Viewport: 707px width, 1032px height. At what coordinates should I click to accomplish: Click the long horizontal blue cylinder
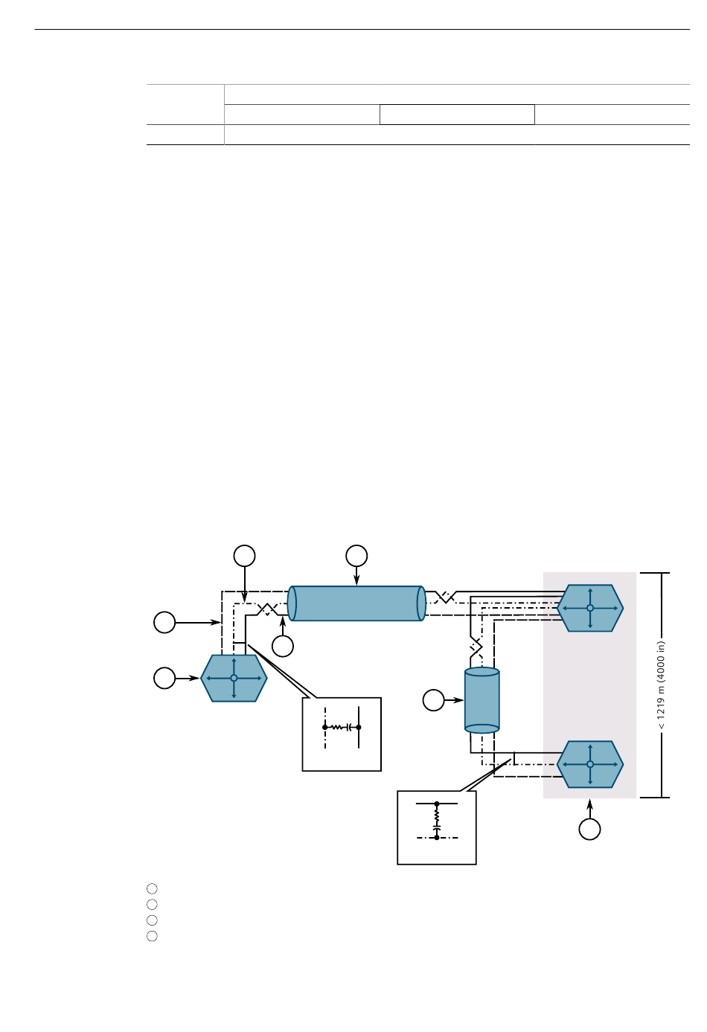356,603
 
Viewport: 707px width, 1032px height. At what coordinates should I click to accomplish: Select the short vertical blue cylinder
482,700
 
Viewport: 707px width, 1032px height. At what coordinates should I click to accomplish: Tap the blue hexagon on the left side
234,678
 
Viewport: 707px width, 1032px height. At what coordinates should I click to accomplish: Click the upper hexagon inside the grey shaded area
590,608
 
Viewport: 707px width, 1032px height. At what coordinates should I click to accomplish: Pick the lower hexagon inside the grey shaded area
590,764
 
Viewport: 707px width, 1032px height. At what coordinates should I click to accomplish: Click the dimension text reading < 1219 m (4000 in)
662,685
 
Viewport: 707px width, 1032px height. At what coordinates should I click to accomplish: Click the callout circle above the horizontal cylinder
356,556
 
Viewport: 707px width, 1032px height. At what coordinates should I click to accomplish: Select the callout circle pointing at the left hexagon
164,678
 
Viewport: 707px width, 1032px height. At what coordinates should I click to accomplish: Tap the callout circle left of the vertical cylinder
433,700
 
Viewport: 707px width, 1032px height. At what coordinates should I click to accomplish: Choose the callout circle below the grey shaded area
589,830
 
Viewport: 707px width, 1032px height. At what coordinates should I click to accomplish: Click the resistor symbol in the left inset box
337,728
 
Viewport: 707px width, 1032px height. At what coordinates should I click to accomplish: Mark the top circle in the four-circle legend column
152,888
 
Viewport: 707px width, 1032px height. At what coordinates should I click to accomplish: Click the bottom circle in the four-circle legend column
152,936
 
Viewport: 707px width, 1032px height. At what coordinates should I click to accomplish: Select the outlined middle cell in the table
457,115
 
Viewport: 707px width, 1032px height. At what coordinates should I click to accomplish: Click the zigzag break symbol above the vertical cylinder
476,647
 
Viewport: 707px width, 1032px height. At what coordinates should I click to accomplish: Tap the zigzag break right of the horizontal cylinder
445,597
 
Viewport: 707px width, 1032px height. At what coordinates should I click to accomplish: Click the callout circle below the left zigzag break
283,646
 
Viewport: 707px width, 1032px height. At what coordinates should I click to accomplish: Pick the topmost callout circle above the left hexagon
244,556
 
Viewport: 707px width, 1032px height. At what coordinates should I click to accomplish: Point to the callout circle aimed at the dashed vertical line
164,623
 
